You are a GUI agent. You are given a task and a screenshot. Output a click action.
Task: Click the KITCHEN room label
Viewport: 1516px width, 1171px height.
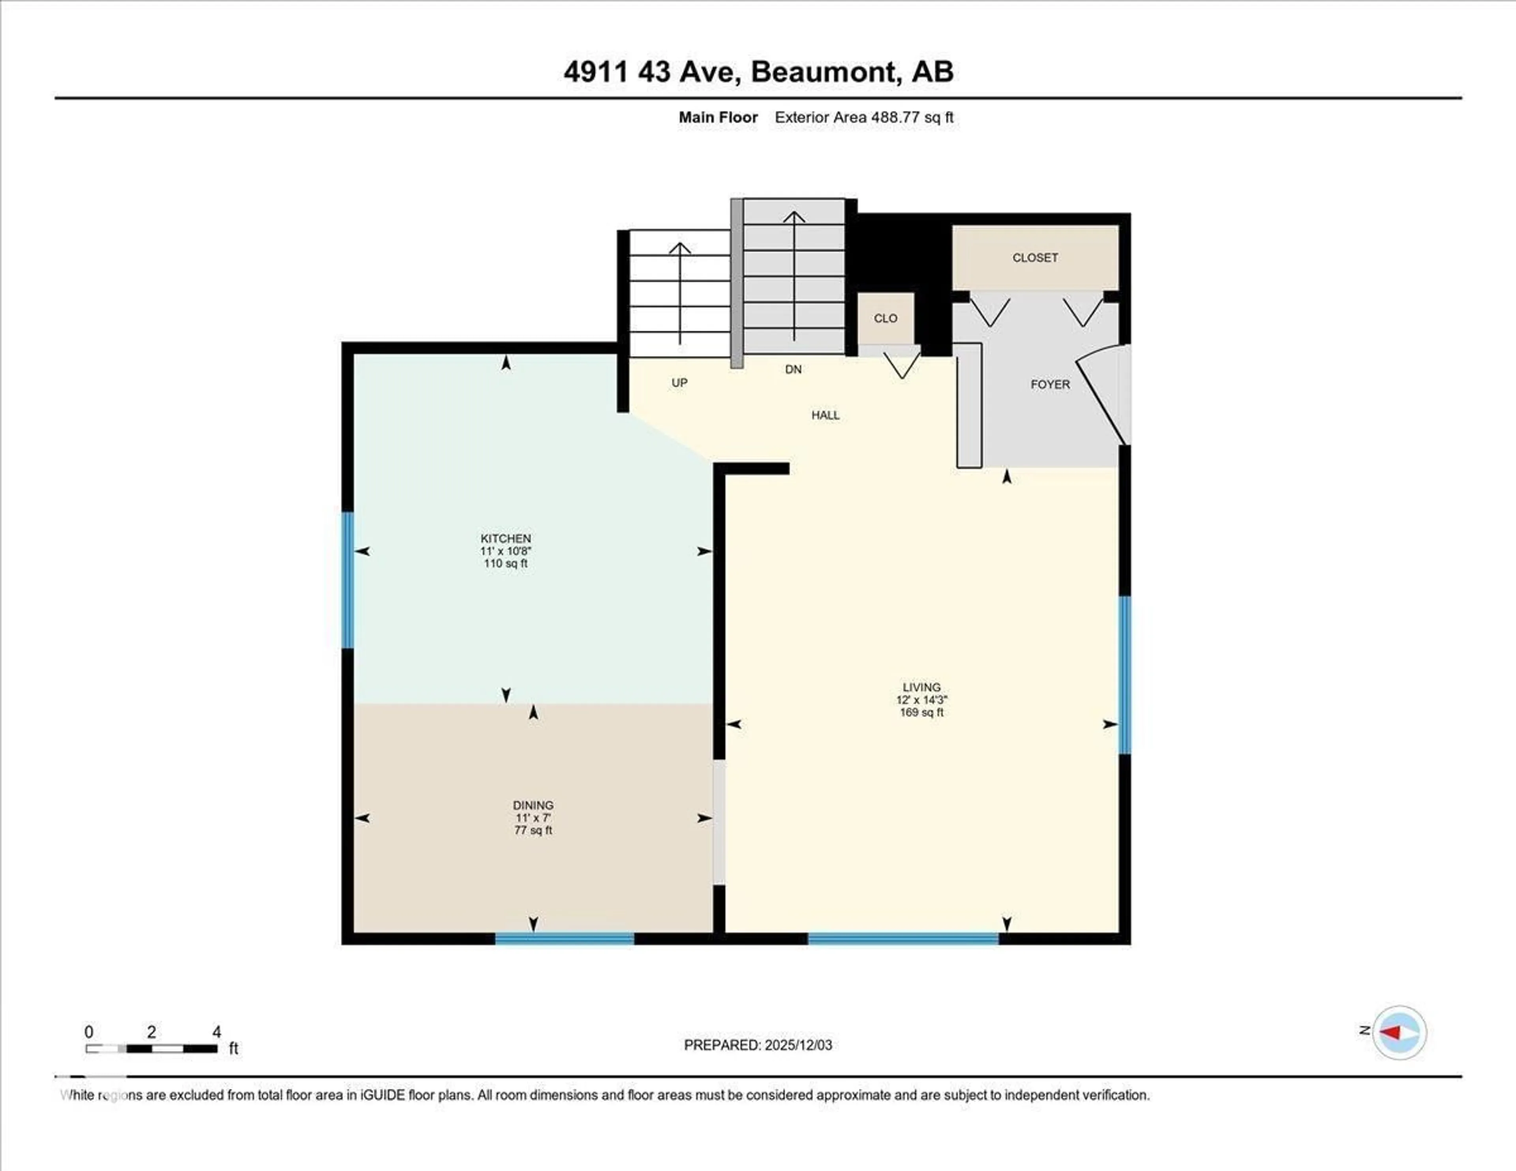505,539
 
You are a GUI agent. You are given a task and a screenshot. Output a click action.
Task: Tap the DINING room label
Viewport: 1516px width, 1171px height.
533,805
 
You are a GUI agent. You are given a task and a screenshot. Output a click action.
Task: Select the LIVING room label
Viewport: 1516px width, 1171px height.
921,687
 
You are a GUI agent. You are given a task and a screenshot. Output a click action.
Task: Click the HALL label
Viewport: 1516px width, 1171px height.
826,415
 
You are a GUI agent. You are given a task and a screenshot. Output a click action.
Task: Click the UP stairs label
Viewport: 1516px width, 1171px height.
679,383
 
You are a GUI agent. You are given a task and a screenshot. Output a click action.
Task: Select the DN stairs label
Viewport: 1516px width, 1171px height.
793,369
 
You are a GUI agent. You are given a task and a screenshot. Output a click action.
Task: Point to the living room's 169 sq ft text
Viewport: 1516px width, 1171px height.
921,712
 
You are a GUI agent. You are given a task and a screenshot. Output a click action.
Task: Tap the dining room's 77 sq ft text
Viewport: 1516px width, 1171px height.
533,830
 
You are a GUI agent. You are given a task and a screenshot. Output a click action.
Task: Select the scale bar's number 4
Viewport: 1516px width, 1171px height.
217,1032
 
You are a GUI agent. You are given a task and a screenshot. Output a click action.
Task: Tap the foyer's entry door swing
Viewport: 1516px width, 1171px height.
1104,396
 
